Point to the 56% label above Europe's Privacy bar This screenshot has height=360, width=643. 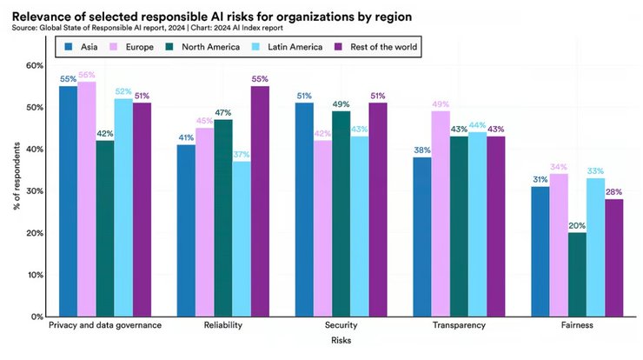(x=87, y=76)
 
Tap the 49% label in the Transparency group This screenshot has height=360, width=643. (x=441, y=104)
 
